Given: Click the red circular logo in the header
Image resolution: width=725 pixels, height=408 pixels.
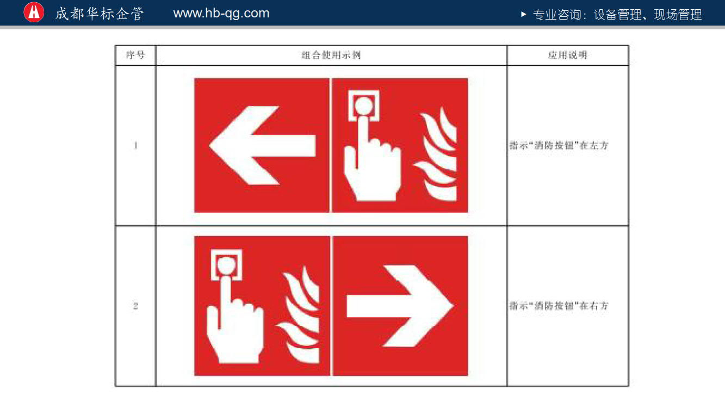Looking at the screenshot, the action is tap(34, 13).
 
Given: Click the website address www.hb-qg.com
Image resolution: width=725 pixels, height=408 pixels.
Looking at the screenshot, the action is tap(221, 13).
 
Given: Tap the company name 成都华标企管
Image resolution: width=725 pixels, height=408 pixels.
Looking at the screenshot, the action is tap(100, 14).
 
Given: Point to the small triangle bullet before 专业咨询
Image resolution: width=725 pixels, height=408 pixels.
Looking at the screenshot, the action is tap(523, 14).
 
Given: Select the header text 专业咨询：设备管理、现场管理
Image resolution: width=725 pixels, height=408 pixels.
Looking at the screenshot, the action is tap(617, 15).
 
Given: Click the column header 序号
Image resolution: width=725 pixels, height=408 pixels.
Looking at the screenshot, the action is tap(135, 55).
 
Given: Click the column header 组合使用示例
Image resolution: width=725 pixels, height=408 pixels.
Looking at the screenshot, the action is tap(331, 55).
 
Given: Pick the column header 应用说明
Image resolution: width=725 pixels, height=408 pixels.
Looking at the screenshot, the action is tap(568, 55).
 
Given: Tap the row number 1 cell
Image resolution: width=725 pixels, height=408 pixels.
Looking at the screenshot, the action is tap(135, 145).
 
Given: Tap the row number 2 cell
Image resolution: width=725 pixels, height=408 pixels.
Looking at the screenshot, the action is tap(135, 306).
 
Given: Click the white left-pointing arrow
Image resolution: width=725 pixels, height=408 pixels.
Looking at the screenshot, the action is tap(262, 145).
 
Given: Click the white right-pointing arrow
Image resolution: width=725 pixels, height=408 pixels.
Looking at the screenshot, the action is tap(400, 306).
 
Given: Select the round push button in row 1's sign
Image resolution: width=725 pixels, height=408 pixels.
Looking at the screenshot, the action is tap(364, 106).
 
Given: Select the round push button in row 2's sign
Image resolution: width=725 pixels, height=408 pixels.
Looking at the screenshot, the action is tap(226, 265).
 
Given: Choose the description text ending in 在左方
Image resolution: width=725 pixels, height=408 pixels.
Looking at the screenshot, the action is tap(559, 145).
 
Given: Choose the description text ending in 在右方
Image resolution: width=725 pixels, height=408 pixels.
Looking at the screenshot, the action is tap(559, 306).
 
